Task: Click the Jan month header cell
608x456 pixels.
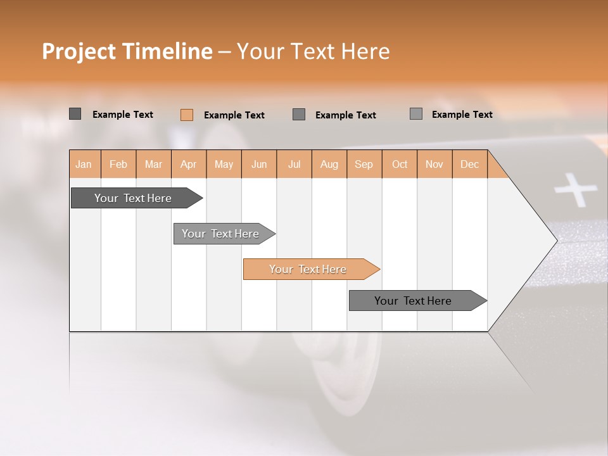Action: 84,164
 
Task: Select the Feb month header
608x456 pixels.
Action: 118,164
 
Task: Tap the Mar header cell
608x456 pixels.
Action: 153,164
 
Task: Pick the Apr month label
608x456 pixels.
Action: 189,164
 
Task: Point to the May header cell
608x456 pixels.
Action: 224,164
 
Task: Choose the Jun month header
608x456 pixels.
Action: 259,164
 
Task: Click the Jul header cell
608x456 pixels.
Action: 294,164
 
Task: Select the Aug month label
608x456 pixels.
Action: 329,164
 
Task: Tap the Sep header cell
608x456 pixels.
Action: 364,164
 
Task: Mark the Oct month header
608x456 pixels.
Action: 400,164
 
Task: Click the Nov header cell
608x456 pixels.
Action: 434,164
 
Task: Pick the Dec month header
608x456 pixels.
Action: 470,164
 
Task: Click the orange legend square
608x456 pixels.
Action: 187,115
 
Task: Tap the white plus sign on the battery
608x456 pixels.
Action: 575,190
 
